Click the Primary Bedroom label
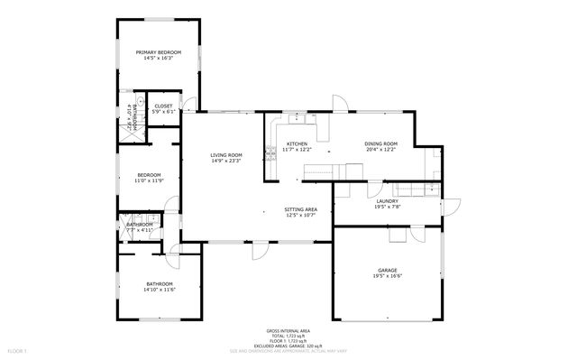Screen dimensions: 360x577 [159, 53]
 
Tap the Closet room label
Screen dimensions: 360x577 [163, 106]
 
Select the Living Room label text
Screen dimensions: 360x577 [226, 155]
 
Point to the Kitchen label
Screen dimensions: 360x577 [297, 143]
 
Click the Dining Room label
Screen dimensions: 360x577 [380, 143]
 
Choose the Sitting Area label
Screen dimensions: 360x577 [300, 208]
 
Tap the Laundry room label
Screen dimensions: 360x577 [387, 201]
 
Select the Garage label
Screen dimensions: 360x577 [387, 270]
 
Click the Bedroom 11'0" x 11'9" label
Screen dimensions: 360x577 [149, 174]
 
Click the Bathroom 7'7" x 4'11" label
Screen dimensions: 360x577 [140, 224]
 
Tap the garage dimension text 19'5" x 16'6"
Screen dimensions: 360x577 [387, 276]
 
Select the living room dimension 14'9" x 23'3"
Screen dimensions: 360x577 [226, 162]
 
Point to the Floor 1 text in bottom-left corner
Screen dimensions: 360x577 [17, 349]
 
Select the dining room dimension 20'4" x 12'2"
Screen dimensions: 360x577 [380, 150]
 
